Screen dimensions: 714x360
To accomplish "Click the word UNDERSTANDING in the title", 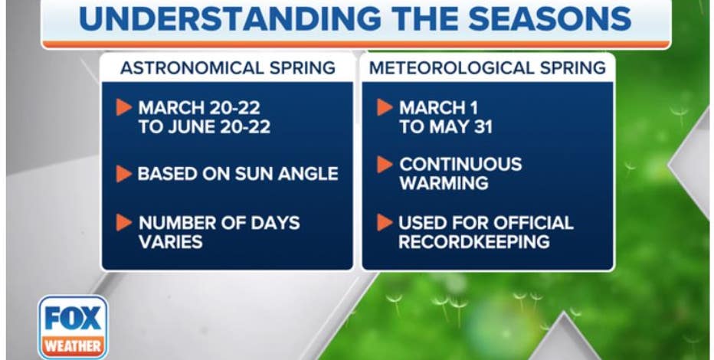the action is coord(230,19).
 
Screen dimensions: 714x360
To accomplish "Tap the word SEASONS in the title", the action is coord(549,19).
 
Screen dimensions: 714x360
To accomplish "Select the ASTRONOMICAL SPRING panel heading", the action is coord(228,68).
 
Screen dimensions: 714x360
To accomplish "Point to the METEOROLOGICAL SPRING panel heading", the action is coord(487,68).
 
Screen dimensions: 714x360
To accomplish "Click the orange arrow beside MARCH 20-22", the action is coord(124,107).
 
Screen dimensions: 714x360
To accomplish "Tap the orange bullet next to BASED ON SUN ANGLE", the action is coord(124,174).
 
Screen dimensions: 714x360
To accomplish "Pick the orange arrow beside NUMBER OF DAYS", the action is coord(124,223).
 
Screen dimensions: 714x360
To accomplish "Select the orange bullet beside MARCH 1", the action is coord(385,107).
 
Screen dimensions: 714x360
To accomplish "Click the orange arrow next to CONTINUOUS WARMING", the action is coord(385,165).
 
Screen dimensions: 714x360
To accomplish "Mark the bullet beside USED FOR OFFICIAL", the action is coord(385,223).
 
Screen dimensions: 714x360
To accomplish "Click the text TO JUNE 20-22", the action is coord(205,127).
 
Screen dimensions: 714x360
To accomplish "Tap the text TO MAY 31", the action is coord(446,127).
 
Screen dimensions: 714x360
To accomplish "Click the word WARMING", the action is coord(444,183).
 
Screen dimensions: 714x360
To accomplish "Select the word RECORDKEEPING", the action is coord(474,242).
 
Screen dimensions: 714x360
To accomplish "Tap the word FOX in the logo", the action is coord(73,318).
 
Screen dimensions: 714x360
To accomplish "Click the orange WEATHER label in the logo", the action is coord(73,346).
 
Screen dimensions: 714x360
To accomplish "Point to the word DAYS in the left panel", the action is coord(275,223).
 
